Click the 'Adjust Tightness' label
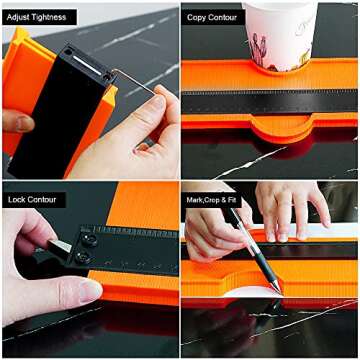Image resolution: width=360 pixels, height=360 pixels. point(39,17)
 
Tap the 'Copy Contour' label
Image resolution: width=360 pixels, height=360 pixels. point(212,17)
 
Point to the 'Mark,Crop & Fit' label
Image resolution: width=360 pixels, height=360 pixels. point(212,200)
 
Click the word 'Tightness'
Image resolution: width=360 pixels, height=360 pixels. point(52,17)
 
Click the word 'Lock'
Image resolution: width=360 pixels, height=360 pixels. point(16,200)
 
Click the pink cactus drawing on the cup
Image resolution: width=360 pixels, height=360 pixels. point(258,50)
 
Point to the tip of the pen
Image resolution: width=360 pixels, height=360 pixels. point(280,292)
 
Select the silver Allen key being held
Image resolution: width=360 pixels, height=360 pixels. point(133,80)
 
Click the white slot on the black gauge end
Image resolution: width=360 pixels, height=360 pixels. point(87,65)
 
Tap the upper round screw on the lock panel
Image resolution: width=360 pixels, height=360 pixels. point(89,239)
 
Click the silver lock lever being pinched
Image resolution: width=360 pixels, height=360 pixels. point(59,246)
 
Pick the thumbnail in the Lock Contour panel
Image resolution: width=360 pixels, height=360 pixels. point(90,290)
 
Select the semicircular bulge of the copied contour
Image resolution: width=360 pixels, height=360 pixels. point(282,126)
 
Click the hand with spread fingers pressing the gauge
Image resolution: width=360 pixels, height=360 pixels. point(290,211)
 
